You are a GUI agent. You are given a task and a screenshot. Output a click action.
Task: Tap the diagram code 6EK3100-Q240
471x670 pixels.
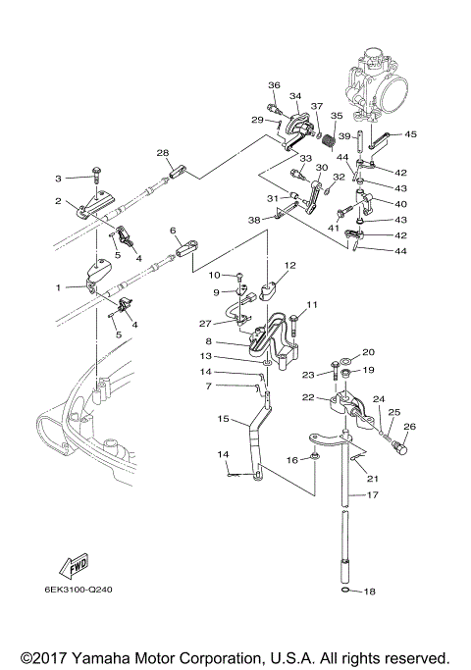(78, 590)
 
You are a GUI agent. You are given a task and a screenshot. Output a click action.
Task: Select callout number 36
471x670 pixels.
(274, 85)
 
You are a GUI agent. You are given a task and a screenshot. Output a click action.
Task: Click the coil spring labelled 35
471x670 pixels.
(329, 141)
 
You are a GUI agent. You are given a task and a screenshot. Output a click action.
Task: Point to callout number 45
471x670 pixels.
(410, 134)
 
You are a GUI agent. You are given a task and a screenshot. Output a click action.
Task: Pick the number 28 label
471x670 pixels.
(163, 153)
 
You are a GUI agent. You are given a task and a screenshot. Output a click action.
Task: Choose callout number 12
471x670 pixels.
(290, 265)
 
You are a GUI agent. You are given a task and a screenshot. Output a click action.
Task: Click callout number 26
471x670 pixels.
(409, 426)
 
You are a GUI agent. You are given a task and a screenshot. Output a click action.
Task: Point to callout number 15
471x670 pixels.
(224, 418)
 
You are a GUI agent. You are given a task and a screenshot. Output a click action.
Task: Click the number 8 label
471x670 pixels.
(208, 341)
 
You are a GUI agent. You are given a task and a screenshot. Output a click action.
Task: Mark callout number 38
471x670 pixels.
(254, 220)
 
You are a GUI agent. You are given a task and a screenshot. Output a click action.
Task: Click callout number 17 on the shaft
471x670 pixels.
(373, 494)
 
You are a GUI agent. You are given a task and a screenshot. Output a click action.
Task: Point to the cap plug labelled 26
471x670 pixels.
(399, 447)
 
